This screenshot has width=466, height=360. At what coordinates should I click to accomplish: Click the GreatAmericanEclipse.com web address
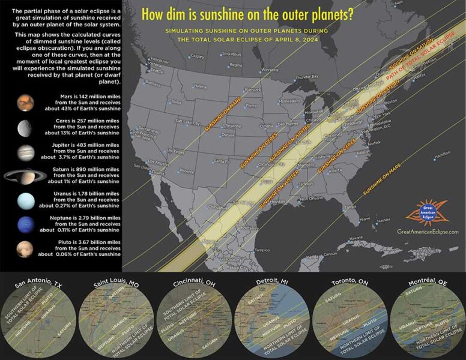tap(428, 232)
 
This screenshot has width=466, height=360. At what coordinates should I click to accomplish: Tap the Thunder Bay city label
tap(307, 77)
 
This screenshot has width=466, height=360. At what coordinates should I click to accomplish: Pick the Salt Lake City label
tap(187, 122)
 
